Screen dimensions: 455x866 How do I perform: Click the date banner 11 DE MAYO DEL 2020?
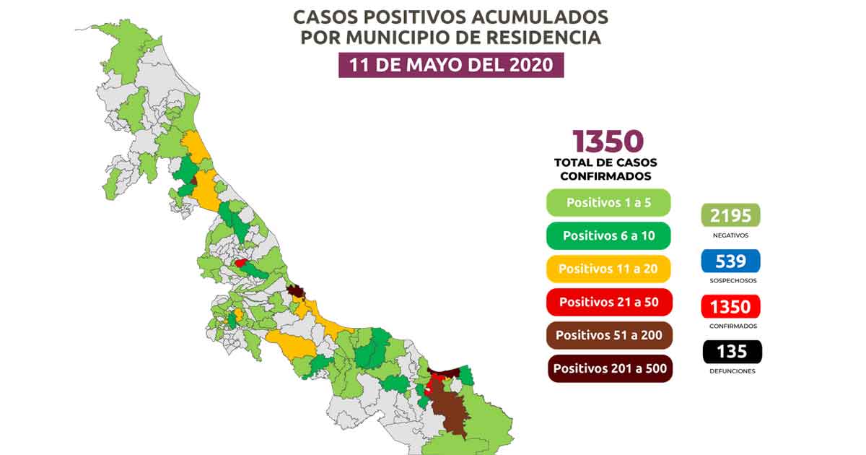[451, 65]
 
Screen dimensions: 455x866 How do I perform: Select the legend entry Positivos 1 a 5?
[608, 203]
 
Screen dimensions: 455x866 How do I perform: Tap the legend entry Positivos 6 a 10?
[608, 235]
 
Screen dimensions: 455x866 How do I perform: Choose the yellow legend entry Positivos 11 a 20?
[608, 269]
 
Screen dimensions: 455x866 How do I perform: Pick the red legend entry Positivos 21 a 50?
[608, 302]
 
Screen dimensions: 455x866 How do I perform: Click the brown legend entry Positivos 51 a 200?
[608, 335]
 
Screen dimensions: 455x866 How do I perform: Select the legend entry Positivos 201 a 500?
[608, 368]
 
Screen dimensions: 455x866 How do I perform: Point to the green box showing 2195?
[731, 215]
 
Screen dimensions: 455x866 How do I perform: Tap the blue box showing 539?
[731, 261]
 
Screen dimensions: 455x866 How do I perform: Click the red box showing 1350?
[731, 306]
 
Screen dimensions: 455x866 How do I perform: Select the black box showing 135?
[731, 352]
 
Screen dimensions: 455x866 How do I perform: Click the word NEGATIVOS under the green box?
[731, 235]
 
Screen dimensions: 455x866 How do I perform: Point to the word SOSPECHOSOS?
[731, 280]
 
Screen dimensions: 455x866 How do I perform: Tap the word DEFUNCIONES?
[731, 371]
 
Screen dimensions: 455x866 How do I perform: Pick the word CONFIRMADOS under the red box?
[731, 326]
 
